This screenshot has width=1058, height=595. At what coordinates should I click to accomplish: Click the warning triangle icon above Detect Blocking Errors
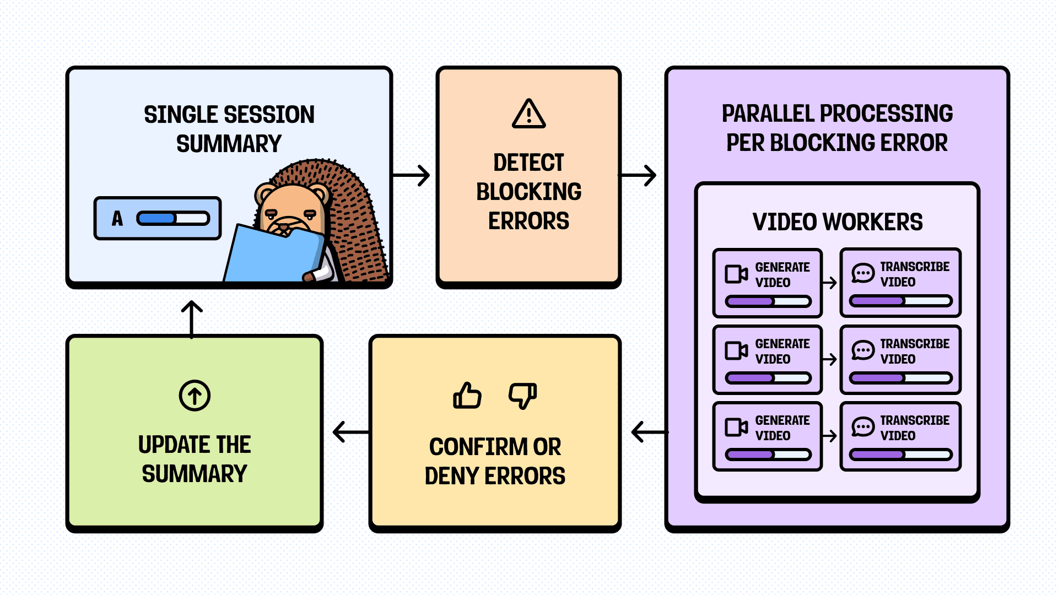528,114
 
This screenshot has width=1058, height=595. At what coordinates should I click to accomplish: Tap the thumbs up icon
467,396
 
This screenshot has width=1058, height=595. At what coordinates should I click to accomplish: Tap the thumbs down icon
522,396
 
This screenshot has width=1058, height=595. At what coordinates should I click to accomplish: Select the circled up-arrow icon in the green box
195,395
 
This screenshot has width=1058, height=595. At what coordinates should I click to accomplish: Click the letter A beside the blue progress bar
117,219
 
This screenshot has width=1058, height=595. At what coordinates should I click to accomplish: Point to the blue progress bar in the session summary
173,219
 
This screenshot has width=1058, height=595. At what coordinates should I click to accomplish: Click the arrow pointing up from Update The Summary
192,318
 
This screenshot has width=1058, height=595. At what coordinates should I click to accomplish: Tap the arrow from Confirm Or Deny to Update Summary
350,432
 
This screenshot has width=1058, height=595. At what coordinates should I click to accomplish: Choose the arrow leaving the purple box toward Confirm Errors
649,432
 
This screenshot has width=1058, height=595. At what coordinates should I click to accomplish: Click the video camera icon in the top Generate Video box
736,274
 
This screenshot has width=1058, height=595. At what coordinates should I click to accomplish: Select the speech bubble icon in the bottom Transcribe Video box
862,427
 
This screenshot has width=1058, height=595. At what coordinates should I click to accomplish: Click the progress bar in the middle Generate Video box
768,378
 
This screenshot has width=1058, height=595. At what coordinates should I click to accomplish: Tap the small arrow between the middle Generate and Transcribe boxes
829,360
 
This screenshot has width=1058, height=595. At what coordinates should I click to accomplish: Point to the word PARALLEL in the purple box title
768,114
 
